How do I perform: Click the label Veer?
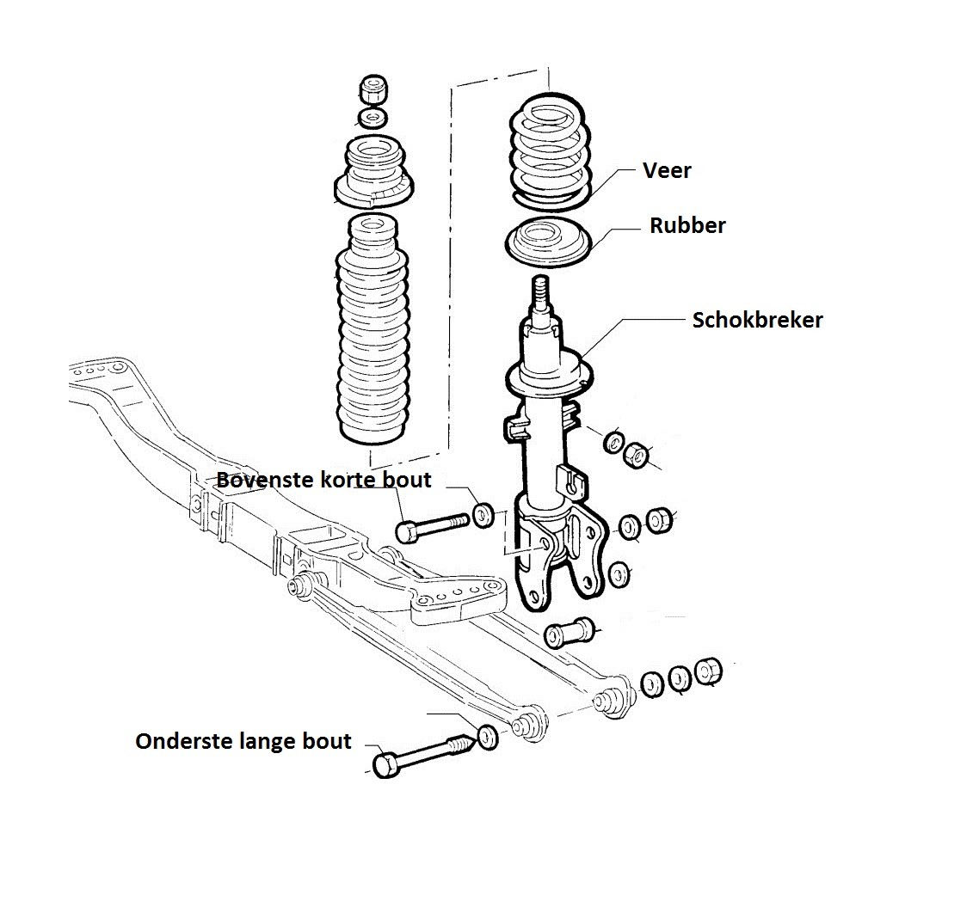point(667,170)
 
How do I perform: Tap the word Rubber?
point(687,225)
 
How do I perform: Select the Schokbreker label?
point(757,320)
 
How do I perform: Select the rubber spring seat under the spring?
point(547,243)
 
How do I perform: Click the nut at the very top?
point(374,89)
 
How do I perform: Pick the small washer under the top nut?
point(373,118)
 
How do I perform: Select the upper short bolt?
point(432,525)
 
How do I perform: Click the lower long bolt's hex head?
point(386,765)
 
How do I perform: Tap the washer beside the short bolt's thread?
point(483,515)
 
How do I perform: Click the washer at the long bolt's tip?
point(487,737)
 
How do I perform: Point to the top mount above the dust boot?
point(373,172)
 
